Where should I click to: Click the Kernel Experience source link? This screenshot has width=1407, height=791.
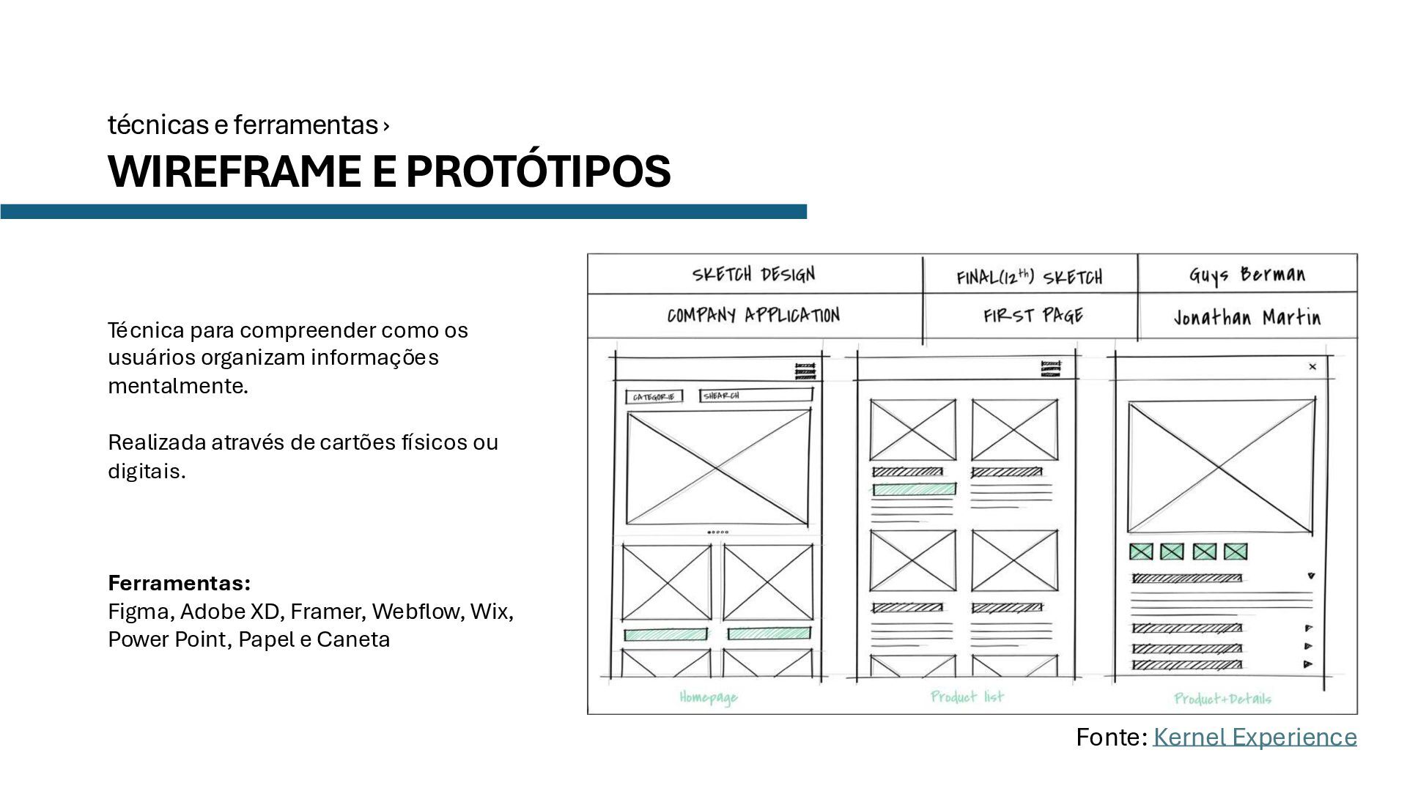[x=1254, y=737]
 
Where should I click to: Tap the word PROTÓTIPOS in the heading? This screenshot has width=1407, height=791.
[x=538, y=171]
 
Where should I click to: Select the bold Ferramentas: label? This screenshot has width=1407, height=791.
[x=179, y=583]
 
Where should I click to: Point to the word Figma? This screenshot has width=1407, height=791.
[x=138, y=611]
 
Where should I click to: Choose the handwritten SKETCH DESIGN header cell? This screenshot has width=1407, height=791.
[x=753, y=275]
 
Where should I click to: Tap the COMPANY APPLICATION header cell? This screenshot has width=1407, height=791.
[x=753, y=316]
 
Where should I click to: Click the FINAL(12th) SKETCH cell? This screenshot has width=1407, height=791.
[x=1029, y=277]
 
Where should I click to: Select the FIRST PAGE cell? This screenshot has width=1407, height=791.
[x=1033, y=316]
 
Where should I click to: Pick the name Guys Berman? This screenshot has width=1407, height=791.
[x=1247, y=275]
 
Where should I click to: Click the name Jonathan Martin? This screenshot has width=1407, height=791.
[x=1247, y=317]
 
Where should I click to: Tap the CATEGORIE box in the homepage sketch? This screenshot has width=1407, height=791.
[x=653, y=397]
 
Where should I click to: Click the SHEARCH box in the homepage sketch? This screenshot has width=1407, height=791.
[x=756, y=395]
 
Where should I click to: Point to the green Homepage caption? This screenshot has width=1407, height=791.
[x=708, y=697]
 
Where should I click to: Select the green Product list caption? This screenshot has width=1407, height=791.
[x=967, y=697]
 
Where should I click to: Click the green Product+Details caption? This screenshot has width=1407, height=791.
[x=1222, y=699]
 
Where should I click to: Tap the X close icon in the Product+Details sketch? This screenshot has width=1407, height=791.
[x=1312, y=366]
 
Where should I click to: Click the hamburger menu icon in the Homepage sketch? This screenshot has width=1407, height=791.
[x=805, y=371]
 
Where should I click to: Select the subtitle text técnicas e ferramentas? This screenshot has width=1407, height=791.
[x=243, y=125]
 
